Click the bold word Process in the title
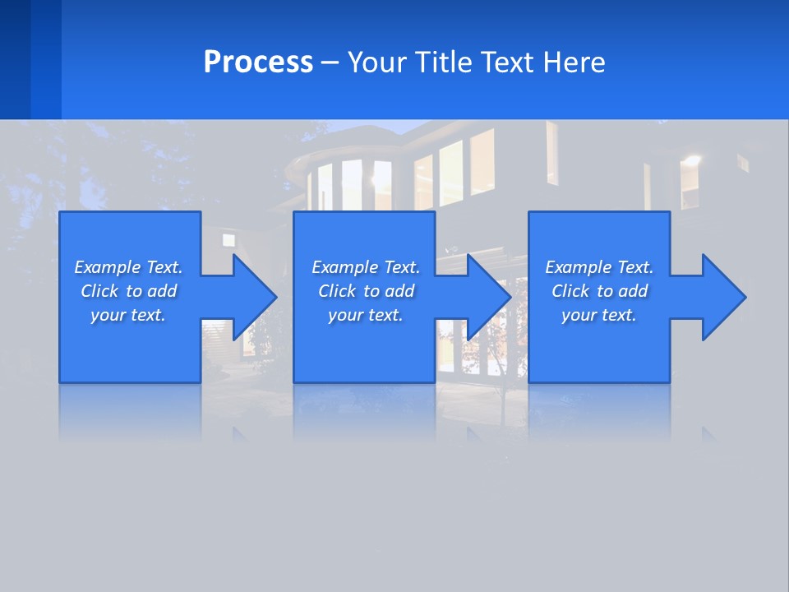click(258, 62)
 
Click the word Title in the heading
click(443, 62)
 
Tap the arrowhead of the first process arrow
click(255, 297)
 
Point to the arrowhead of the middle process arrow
click(490, 297)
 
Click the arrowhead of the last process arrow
click(724, 297)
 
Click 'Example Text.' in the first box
click(128, 267)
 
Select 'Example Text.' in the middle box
click(366, 267)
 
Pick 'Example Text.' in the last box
click(599, 267)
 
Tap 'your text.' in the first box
click(128, 315)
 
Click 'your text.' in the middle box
click(366, 315)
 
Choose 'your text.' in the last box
click(599, 315)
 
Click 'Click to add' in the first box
click(128, 291)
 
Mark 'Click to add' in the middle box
click(366, 291)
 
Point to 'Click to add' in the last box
click(599, 291)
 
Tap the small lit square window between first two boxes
click(228, 240)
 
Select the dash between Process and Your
click(330, 62)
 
